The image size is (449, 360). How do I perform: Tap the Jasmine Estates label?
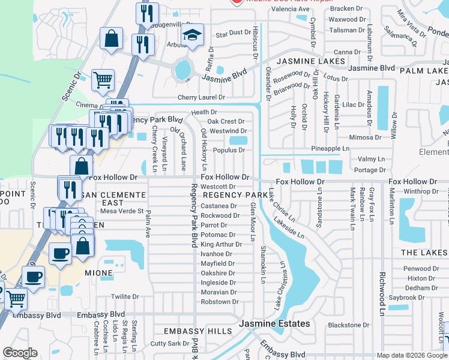[275, 323]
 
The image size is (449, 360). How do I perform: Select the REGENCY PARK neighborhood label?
[235, 196]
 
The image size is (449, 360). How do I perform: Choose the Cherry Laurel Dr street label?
[200, 97]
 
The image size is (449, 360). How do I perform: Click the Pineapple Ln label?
[330, 148]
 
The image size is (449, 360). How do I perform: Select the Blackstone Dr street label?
[348, 325]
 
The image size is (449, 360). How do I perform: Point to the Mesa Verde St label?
[122, 211]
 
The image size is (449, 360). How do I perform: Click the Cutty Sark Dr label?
[170, 343]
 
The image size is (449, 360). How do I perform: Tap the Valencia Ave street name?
[291, 10]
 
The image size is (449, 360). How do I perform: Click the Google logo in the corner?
[20, 352]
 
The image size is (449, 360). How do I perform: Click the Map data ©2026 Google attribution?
[411, 355]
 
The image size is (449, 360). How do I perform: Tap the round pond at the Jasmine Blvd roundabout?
[182, 70]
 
